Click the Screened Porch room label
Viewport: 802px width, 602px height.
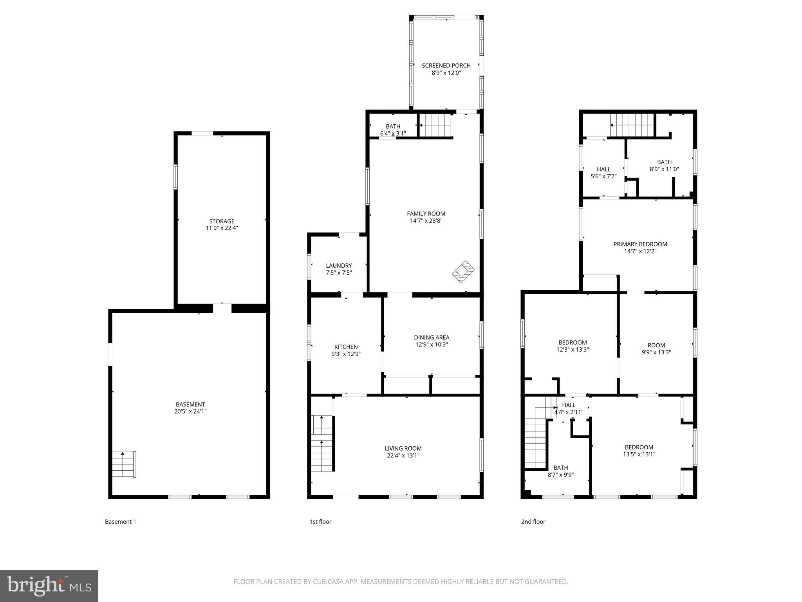(446, 65)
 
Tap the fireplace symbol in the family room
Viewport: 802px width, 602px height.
(463, 272)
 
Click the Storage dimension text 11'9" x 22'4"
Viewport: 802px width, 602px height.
(222, 228)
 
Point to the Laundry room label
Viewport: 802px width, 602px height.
(339, 266)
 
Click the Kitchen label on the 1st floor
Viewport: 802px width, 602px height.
(346, 347)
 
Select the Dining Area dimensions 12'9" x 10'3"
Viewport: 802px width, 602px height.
(432, 345)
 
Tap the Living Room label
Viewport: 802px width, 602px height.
(403, 448)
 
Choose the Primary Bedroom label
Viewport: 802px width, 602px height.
(640, 244)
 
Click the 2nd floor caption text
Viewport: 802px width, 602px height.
(533, 522)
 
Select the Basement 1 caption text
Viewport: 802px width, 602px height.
(120, 522)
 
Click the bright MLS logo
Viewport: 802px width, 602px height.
(49, 586)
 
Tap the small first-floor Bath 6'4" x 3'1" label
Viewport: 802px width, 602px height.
(393, 130)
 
